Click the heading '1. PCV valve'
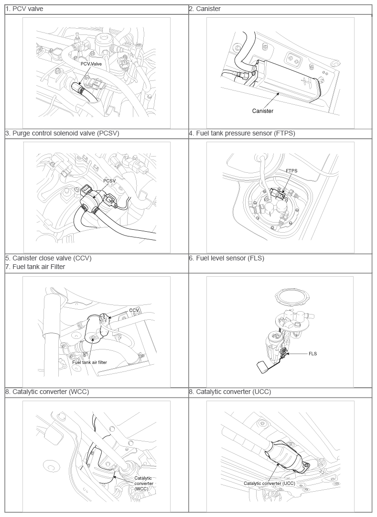click(24, 9)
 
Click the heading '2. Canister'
click(205, 9)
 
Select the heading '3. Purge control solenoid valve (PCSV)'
click(62, 133)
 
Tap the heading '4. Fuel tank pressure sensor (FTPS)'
click(242, 133)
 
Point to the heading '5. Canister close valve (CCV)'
click(48, 258)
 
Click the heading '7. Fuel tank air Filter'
click(35, 267)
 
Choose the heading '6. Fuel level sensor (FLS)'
click(226, 258)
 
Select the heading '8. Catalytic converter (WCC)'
click(47, 392)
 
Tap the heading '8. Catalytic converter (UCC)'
click(230, 392)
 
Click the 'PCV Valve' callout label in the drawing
click(91, 64)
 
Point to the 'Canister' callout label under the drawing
click(262, 111)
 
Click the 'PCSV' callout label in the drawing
click(109, 180)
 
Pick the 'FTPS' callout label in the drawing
click(291, 171)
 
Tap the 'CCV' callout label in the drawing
click(134, 310)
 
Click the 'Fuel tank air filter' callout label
click(89, 362)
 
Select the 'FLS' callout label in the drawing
click(313, 353)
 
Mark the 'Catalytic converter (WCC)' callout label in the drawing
click(143, 483)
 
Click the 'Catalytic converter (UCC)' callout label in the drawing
click(269, 483)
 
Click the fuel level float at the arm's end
click(263, 367)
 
